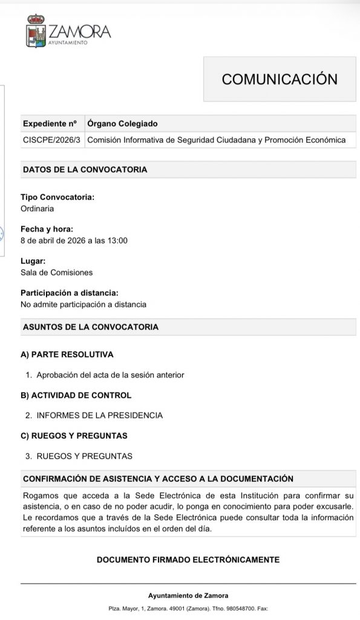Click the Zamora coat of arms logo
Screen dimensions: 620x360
tap(35, 32)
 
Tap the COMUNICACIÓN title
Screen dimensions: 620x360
tap(279, 79)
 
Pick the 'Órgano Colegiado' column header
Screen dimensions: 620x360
tap(123, 124)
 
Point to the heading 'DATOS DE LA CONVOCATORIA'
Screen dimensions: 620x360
tap(85, 170)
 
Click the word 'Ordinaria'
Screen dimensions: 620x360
tap(38, 208)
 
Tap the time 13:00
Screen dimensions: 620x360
tap(117, 240)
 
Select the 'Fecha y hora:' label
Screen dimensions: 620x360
tap(47, 229)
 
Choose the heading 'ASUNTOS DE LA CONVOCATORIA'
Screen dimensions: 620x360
tap(90, 327)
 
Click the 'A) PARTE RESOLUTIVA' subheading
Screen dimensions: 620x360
tap(67, 354)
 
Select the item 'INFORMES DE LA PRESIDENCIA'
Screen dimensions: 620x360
tap(100, 415)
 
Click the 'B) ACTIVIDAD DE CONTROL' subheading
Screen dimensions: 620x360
tap(76, 395)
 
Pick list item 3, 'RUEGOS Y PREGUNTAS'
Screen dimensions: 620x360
tap(84, 456)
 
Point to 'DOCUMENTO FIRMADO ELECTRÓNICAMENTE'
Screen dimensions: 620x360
tap(188, 559)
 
